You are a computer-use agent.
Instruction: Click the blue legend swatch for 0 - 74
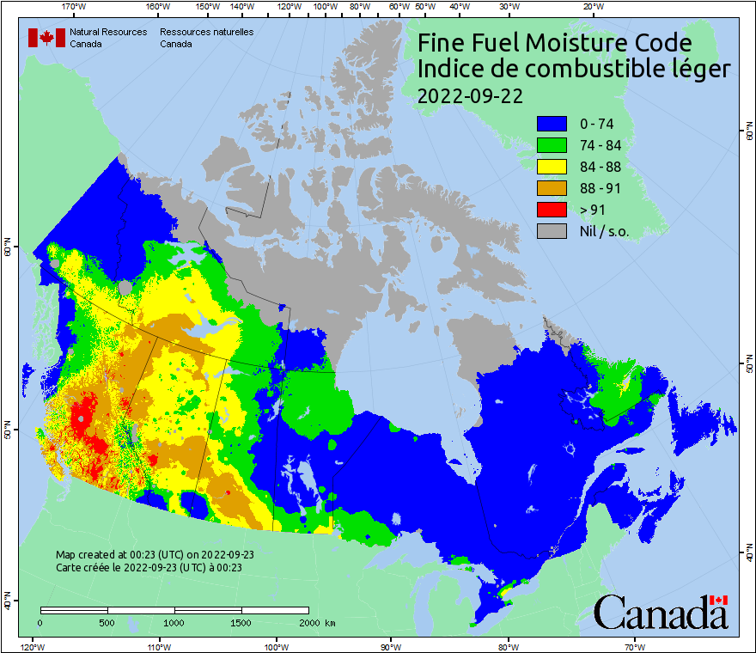click(x=552, y=124)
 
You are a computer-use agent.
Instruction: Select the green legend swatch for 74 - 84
click(x=552, y=145)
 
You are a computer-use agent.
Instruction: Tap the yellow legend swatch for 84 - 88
click(x=552, y=167)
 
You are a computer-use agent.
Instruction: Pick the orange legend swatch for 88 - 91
click(x=552, y=188)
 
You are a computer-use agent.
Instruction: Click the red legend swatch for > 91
click(x=552, y=210)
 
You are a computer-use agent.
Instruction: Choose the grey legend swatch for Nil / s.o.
click(x=552, y=231)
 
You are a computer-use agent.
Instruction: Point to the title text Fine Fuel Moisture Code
click(x=554, y=43)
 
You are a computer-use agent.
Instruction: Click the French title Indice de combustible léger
click(x=574, y=70)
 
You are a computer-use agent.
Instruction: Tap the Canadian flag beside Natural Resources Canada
click(x=46, y=38)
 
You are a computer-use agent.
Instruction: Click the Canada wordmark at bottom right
click(x=661, y=612)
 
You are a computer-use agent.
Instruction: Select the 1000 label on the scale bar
click(x=174, y=622)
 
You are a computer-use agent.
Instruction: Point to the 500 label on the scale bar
click(x=107, y=622)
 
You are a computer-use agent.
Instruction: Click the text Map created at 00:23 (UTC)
click(x=155, y=555)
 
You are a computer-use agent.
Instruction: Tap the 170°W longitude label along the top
click(x=75, y=7)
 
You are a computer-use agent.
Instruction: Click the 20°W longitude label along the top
click(x=592, y=7)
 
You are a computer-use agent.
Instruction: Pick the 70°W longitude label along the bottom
click(x=635, y=645)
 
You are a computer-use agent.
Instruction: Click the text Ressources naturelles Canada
click(x=200, y=37)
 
